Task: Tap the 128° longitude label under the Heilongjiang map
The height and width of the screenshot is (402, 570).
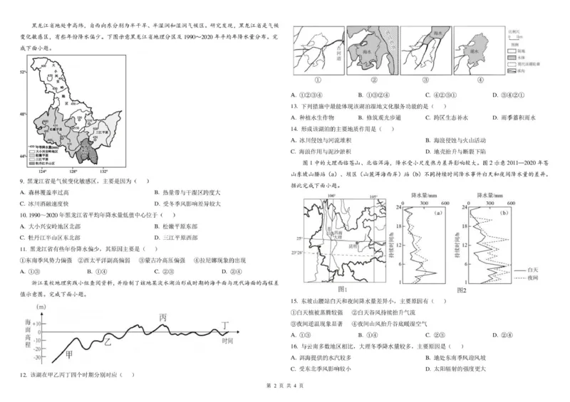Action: (72, 171)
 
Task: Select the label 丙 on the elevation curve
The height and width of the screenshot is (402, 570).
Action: (163, 317)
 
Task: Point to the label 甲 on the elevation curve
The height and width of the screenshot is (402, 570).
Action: (68, 355)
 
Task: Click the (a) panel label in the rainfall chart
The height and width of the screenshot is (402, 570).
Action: (437, 211)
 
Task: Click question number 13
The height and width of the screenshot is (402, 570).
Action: (294, 106)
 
